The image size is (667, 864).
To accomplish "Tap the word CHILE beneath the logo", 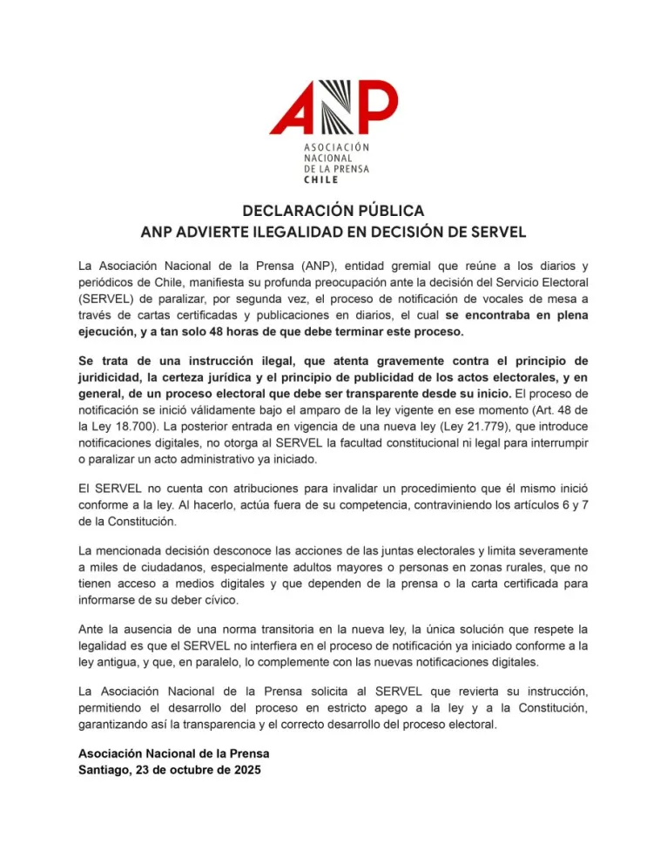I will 321,179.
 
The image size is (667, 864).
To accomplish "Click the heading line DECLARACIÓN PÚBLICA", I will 333,212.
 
